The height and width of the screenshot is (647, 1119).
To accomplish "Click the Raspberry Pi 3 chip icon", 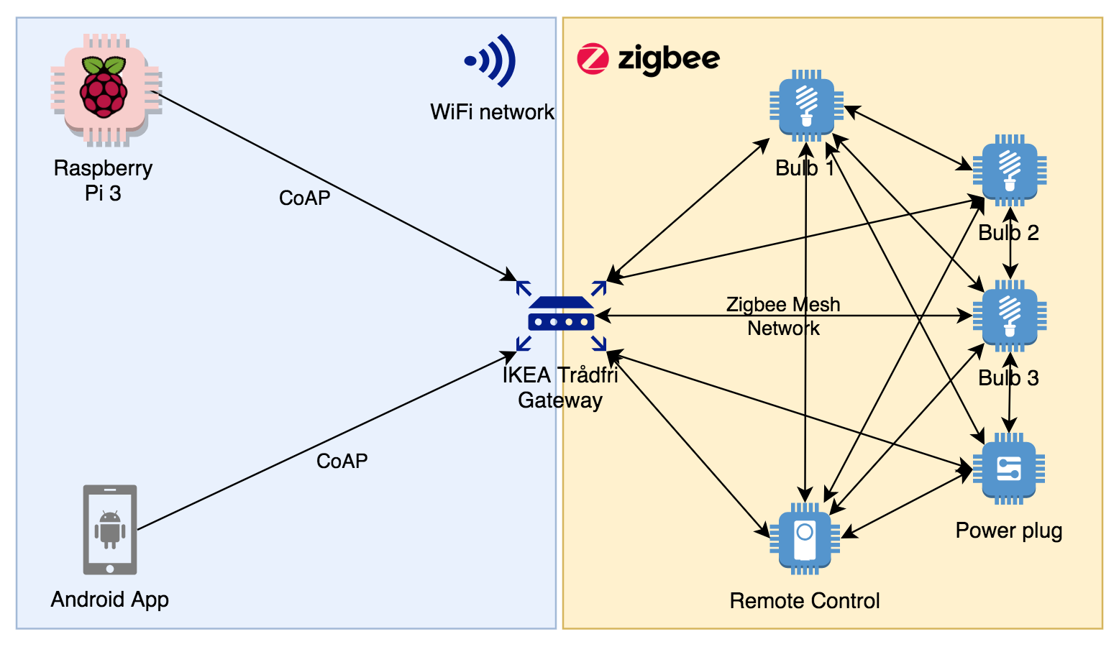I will point(106,90).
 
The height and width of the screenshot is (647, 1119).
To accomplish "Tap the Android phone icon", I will point(110,530).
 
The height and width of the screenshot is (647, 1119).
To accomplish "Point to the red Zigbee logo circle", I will point(593,59).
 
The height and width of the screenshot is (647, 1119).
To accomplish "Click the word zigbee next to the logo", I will point(669,59).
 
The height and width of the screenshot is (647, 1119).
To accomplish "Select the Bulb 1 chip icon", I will point(806,106).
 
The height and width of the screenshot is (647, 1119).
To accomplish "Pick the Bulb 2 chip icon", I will point(1010,171).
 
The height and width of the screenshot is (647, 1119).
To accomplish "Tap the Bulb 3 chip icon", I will point(1010,316).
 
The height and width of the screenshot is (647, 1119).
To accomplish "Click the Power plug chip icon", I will point(1009,469).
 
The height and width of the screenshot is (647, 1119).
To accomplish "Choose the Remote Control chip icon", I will point(805,538).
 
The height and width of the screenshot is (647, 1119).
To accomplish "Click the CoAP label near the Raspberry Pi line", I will point(304,198).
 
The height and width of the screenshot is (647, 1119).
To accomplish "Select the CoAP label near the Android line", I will point(342,462).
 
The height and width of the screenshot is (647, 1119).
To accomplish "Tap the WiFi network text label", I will point(492,112).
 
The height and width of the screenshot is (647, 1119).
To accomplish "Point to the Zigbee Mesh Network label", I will point(783,316).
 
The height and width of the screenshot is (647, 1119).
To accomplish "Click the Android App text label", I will point(109,600).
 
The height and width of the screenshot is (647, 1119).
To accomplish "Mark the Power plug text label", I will point(1008,531).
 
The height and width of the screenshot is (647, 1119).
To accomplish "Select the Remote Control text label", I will point(804,601).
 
